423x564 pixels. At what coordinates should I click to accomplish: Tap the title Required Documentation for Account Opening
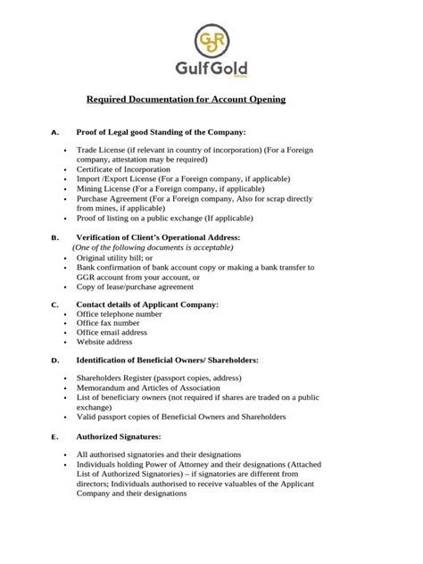[x=186, y=100]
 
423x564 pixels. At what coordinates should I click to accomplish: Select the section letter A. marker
[x=55, y=132]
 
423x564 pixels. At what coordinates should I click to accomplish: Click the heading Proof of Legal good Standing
[x=161, y=132]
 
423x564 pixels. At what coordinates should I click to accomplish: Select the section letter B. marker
[x=55, y=237]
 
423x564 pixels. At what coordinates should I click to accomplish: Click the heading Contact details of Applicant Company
[x=147, y=304]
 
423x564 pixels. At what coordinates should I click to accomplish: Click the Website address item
[x=104, y=342]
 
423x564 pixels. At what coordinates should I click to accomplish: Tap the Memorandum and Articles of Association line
[x=148, y=388]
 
